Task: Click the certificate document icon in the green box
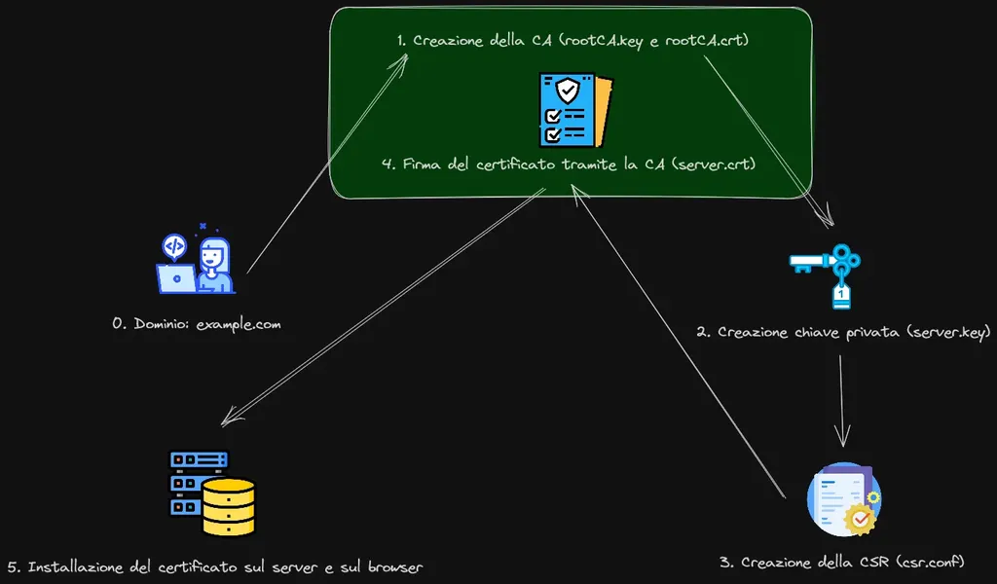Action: click(576, 109)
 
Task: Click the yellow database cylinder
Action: click(229, 506)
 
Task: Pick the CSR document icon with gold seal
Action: click(844, 499)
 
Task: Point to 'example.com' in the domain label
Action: click(239, 324)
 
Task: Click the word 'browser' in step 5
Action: click(395, 566)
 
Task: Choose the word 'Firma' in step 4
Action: click(422, 164)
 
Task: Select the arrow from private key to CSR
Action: click(842, 400)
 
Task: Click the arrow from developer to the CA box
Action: click(327, 164)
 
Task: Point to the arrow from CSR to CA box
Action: click(678, 342)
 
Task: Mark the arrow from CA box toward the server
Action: click(384, 307)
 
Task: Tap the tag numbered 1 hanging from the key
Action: click(841, 295)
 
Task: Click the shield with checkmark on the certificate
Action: click(568, 91)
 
